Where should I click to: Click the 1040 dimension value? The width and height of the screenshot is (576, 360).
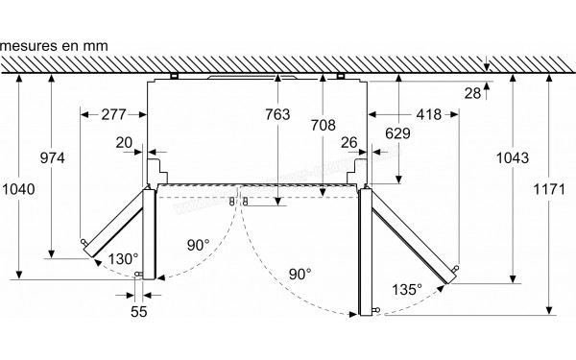click(x=19, y=189)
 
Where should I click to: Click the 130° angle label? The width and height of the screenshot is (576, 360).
click(x=124, y=258)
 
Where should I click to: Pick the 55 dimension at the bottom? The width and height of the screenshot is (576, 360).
click(x=141, y=313)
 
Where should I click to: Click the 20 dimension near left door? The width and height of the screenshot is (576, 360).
click(x=123, y=143)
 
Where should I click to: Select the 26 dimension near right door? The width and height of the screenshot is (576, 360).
click(x=349, y=143)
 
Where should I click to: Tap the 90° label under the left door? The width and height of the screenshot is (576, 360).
click(x=198, y=246)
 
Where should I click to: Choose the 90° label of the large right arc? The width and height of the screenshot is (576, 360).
click(x=300, y=275)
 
